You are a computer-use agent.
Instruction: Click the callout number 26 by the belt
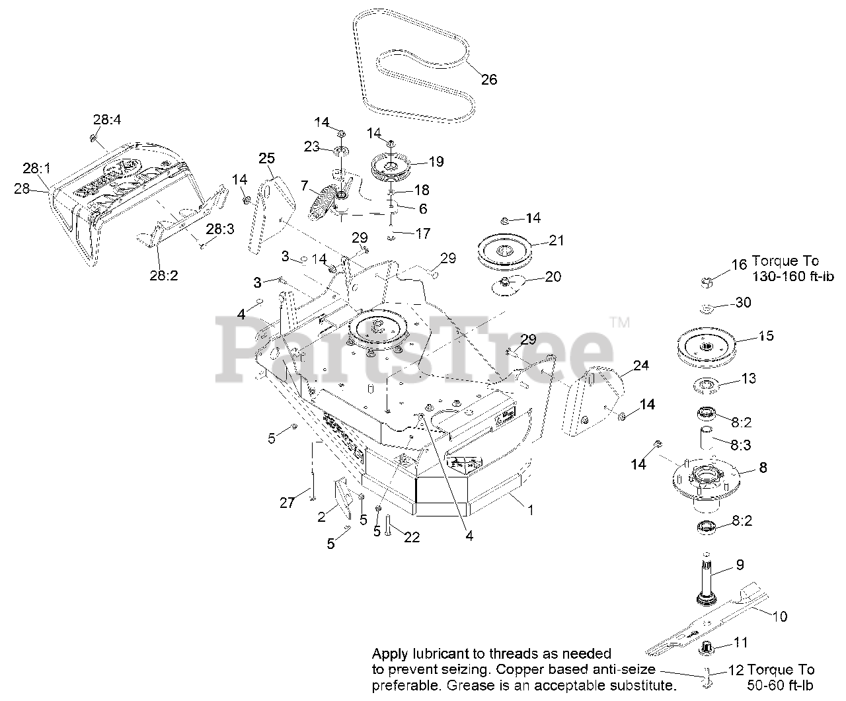[488, 80]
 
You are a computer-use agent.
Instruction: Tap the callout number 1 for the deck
[529, 509]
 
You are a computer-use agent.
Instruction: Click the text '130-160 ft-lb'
[792, 276]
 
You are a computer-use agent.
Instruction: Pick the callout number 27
[286, 503]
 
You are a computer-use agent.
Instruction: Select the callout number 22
[411, 538]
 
